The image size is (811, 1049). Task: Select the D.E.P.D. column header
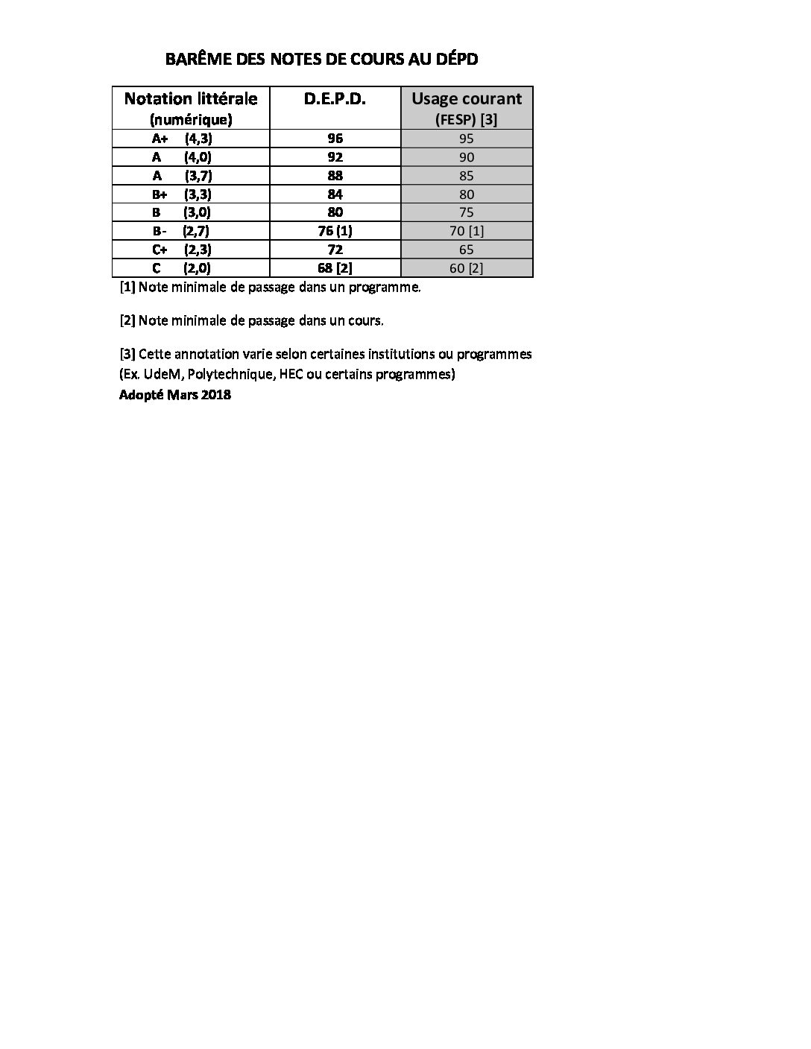click(x=335, y=98)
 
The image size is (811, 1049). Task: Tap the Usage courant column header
click(x=467, y=98)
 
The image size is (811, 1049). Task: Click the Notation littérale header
click(x=191, y=98)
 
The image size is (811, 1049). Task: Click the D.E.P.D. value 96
click(x=335, y=139)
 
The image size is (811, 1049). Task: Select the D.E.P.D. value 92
click(x=335, y=157)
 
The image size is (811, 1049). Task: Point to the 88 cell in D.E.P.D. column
click(x=335, y=176)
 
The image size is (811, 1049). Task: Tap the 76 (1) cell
click(x=335, y=231)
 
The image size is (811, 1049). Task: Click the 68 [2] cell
click(x=335, y=268)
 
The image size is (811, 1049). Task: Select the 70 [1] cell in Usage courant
click(x=467, y=231)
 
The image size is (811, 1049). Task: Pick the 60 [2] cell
click(x=467, y=268)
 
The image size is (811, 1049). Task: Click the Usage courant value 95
click(x=467, y=139)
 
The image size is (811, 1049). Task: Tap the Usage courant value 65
click(x=467, y=250)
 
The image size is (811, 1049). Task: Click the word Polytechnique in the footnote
click(x=230, y=375)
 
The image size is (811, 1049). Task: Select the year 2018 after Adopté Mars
click(x=215, y=395)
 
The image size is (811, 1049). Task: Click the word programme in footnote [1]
click(x=386, y=288)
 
